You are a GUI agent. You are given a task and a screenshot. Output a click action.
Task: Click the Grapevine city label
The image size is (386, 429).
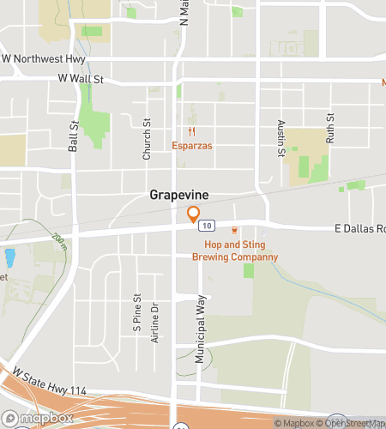[x=179, y=195]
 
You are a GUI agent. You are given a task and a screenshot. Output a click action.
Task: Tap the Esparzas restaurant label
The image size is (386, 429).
[x=191, y=146]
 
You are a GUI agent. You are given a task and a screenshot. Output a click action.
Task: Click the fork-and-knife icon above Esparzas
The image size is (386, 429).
[x=192, y=132]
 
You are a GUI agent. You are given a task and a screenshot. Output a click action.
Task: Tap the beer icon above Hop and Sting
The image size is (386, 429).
[x=234, y=231]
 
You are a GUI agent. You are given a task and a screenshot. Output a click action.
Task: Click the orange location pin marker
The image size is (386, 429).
[x=194, y=214]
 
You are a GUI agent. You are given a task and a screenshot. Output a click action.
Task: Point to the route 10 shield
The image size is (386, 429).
[x=207, y=227]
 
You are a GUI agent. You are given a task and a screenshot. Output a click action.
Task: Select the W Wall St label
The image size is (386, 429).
[x=81, y=79]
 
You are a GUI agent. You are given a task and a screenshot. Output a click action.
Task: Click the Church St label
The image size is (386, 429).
[x=147, y=139]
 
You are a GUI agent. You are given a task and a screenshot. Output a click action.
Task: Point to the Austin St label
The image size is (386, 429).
[x=280, y=139]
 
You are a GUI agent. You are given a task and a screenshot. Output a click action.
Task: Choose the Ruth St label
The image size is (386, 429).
[x=329, y=127]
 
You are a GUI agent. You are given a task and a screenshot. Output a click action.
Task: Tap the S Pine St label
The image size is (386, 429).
[x=136, y=312]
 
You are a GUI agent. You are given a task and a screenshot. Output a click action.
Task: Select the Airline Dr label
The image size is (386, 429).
[x=155, y=323]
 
